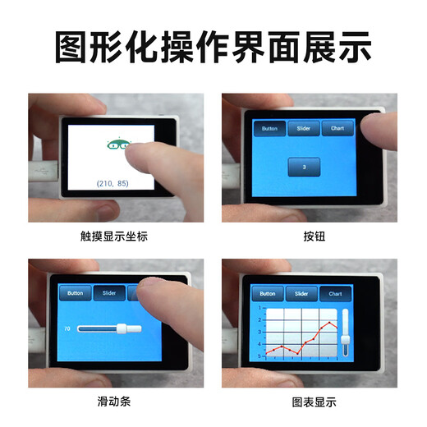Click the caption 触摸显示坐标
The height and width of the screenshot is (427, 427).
[x=114, y=236]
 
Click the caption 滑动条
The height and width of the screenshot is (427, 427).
[x=114, y=402]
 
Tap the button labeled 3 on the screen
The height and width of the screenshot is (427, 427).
[x=304, y=167]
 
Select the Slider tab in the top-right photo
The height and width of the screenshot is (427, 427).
[x=303, y=129]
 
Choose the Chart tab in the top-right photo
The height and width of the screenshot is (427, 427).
[x=337, y=129]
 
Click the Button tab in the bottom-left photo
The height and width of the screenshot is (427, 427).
[x=75, y=292]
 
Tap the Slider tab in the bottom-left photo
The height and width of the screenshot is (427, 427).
[x=109, y=292]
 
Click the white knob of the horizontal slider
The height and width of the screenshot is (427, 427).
[x=122, y=328]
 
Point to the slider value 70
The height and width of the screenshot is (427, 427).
[x=67, y=328]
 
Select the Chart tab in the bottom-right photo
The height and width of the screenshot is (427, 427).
[x=335, y=293]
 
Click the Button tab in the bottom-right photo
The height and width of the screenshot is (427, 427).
[x=268, y=293]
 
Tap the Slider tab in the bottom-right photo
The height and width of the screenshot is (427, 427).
[x=301, y=293]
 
